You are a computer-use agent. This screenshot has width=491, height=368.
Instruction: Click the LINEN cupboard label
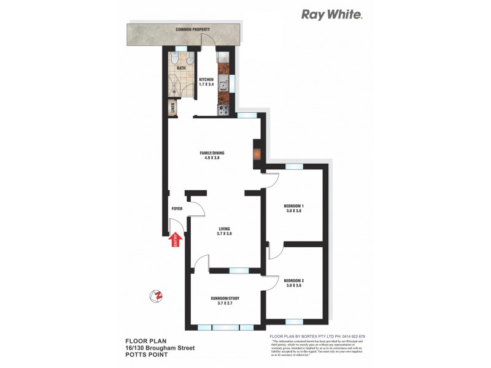172,109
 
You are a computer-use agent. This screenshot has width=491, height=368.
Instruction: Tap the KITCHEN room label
206,79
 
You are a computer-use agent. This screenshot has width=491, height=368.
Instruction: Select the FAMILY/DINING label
210,153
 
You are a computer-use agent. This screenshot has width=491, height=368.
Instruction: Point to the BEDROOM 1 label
294,206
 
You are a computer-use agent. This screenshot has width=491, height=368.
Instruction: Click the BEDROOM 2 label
294,281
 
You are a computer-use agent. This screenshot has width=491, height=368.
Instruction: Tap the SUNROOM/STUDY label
225,298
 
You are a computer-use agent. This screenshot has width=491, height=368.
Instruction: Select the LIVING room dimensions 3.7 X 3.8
225,234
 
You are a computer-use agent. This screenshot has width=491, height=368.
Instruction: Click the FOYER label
177,209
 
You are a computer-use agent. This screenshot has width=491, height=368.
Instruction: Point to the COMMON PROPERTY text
193,29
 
